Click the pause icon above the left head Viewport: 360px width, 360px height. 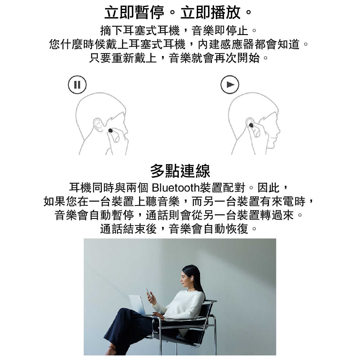coord(77,84)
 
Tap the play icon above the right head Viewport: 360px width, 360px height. coord(230,84)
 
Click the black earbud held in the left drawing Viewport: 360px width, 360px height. coord(111,131)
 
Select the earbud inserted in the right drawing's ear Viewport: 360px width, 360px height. coord(251,125)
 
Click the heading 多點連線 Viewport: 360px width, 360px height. coord(180,171)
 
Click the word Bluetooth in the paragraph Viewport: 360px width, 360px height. coord(176,188)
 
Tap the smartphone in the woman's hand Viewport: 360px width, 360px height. coord(149,292)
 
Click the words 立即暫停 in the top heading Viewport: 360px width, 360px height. coord(134,12)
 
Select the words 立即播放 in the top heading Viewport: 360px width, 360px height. coord(210,12)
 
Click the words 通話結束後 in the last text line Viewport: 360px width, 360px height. coord(128,229)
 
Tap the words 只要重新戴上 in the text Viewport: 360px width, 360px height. coord(123,58)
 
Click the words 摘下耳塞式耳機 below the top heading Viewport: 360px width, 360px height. coord(140,30)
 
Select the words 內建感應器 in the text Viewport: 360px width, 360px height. coord(226,44)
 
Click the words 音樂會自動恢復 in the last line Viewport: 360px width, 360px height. coord(208,229)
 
